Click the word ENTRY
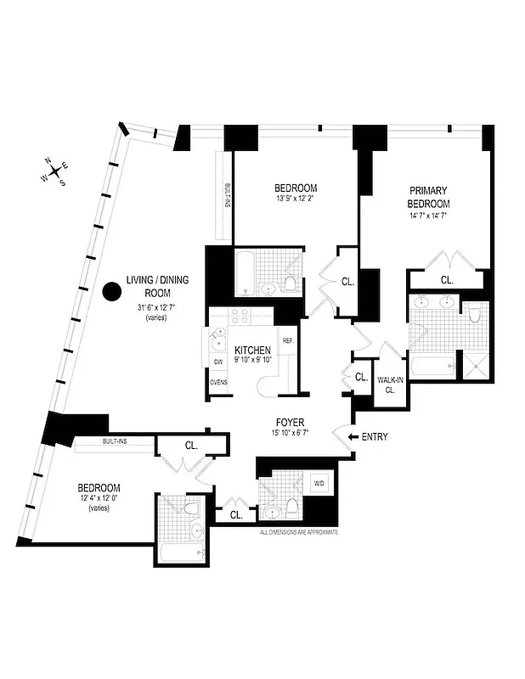[375, 437]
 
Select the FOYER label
[290, 422]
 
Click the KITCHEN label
[252, 351]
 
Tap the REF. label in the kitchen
[287, 341]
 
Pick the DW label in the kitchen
[218, 362]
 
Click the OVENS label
[218, 382]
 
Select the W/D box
[319, 484]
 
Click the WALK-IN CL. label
[391, 385]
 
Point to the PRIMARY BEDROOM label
[429, 198]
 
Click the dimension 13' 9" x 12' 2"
[295, 199]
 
